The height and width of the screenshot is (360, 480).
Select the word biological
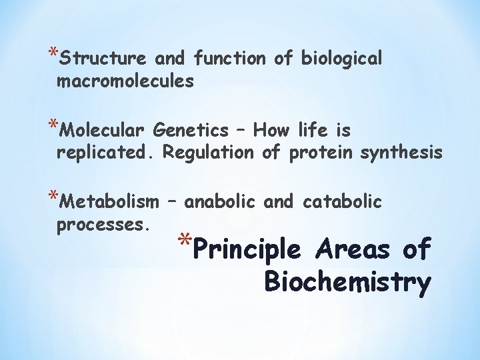(x=341, y=59)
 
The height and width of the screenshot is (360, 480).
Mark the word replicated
(x=106, y=153)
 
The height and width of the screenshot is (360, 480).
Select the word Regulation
(x=208, y=153)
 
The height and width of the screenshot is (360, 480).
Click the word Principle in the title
(x=254, y=250)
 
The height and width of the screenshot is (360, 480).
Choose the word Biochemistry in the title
(x=347, y=282)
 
